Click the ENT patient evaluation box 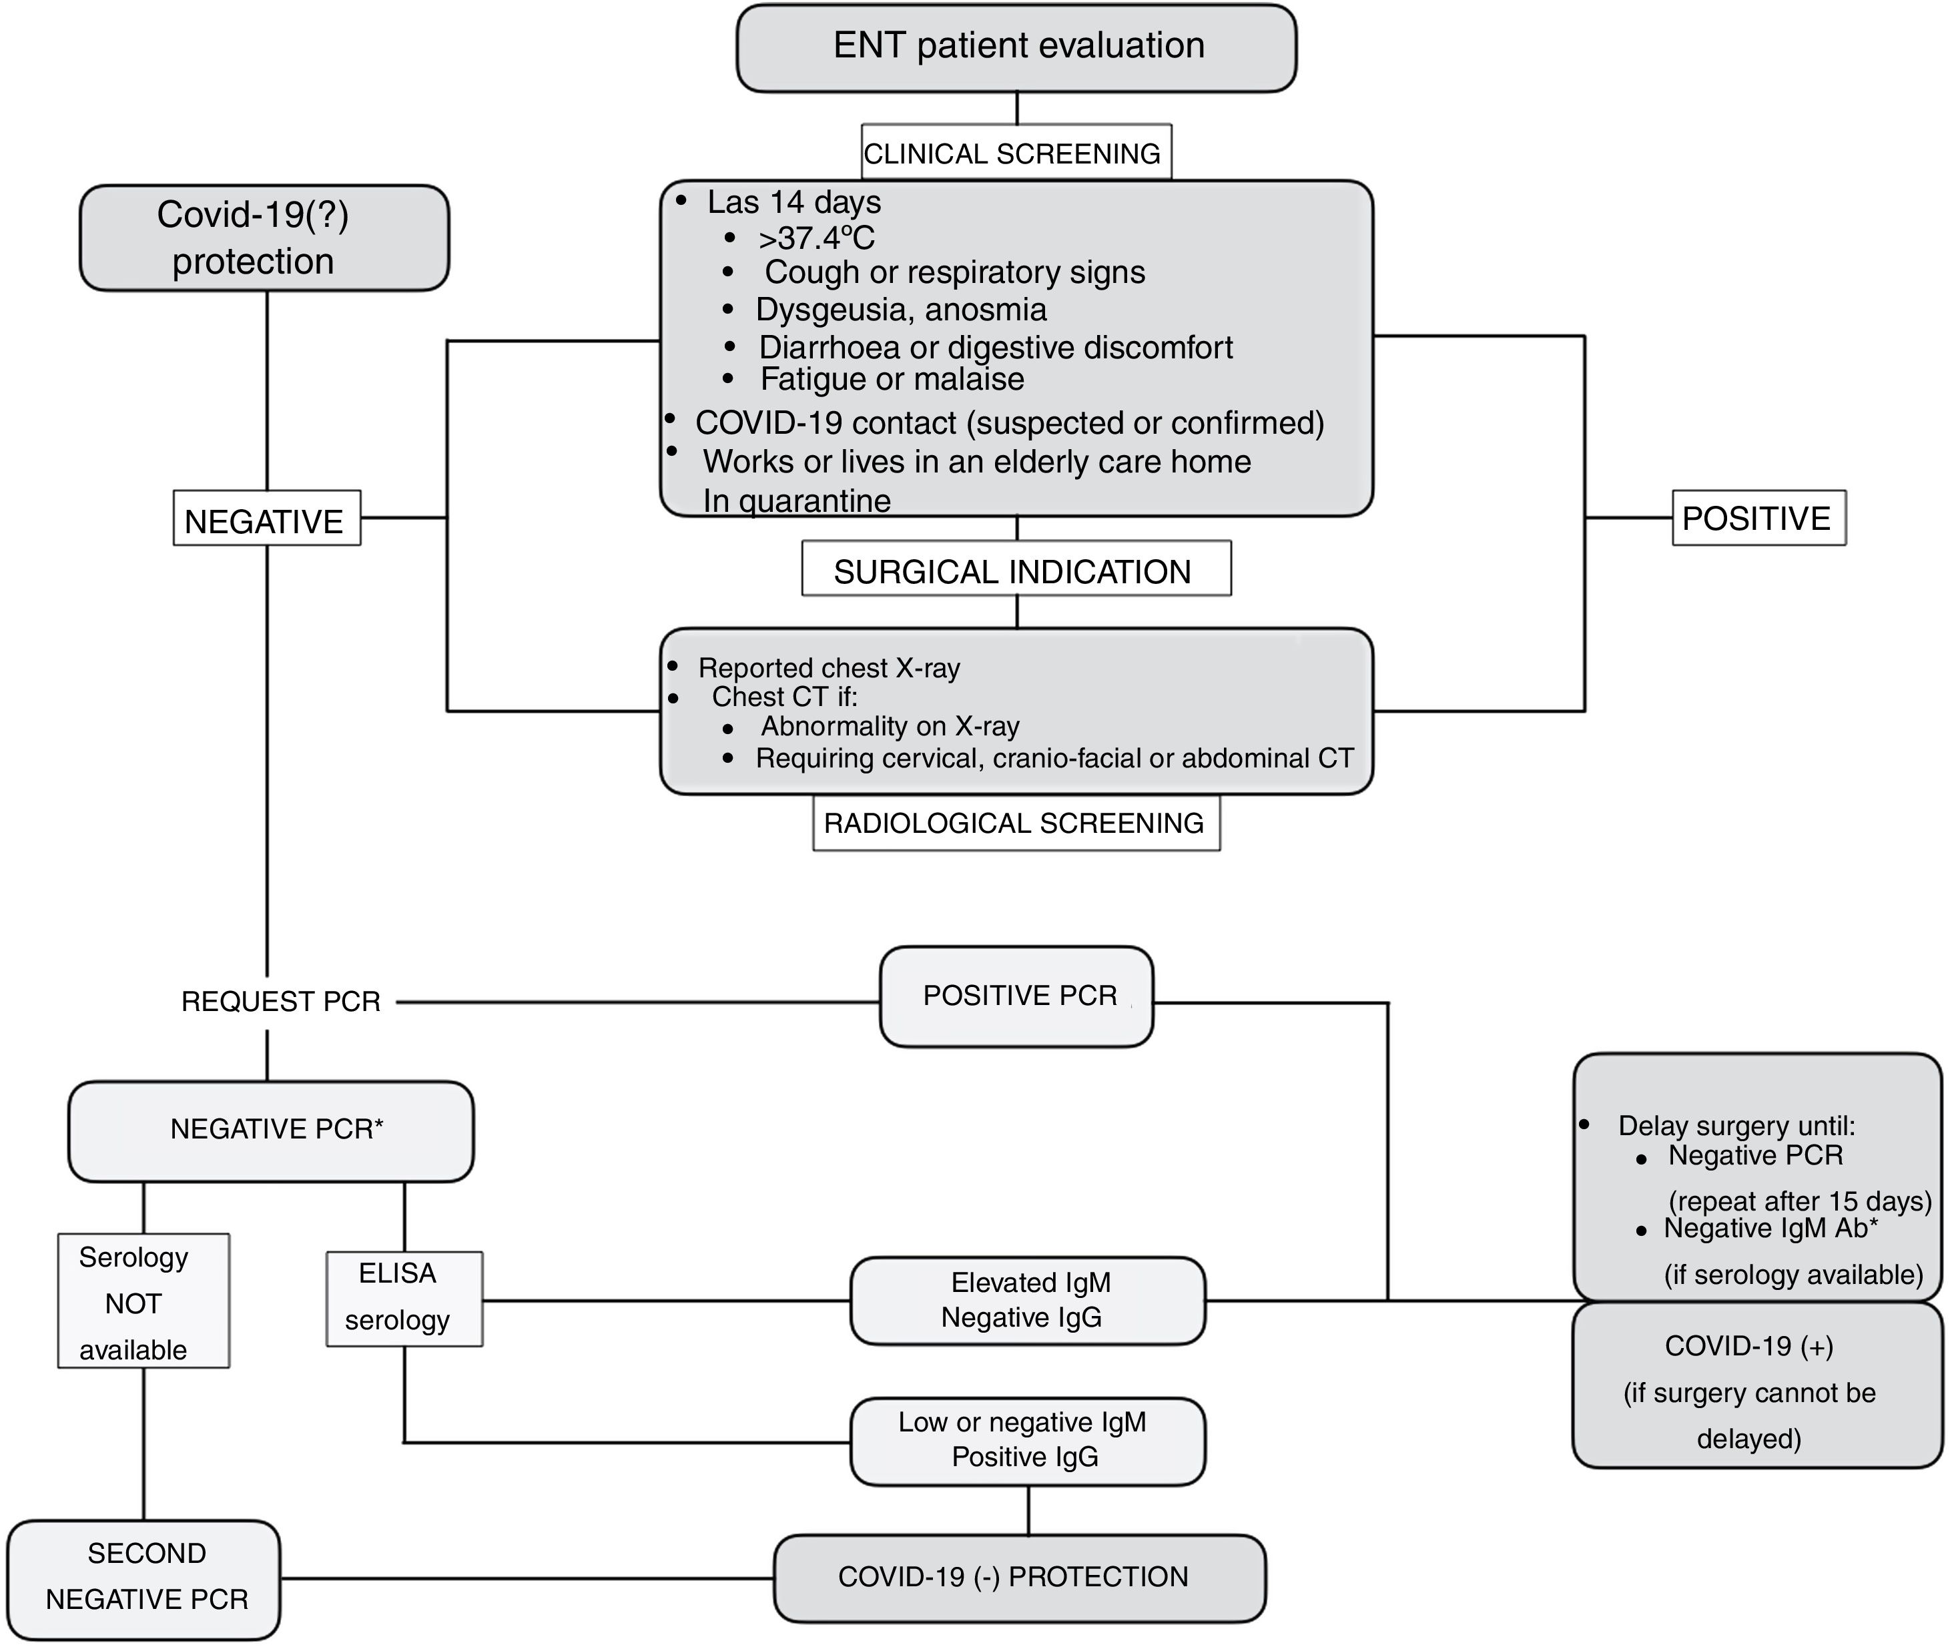pos(1016,47)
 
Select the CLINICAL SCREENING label pos(1015,152)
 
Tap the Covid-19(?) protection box pos(264,238)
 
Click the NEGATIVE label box pos(266,519)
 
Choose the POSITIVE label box pos(1758,518)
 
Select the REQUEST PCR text pos(280,1001)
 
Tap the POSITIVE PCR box pos(1016,996)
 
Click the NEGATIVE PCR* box pos(271,1130)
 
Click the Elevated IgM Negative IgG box pos(1028,1299)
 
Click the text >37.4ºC pos(817,238)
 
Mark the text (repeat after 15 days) pos(1800,1201)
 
